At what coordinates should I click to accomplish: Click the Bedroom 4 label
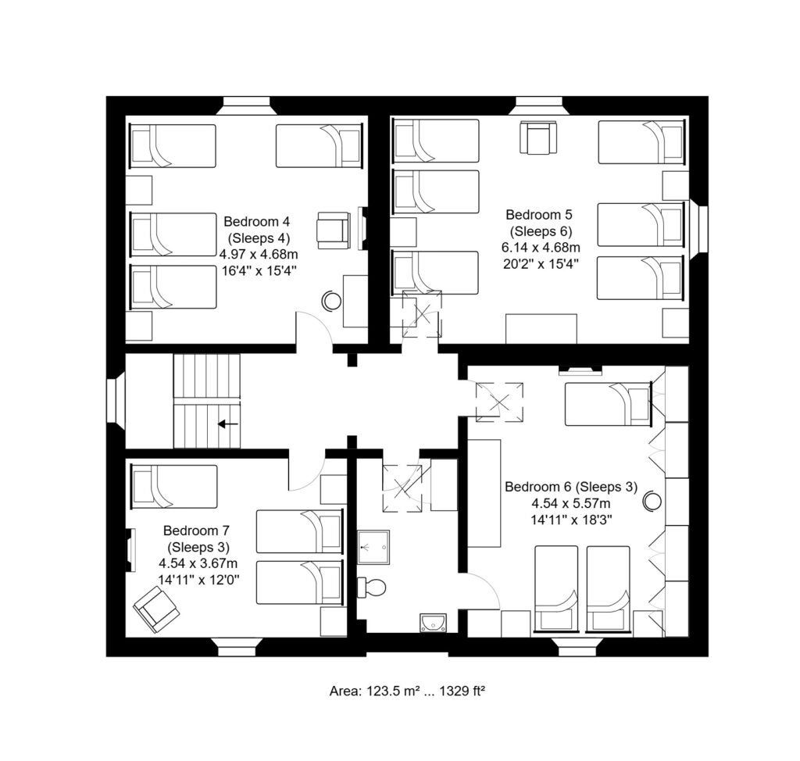tap(256, 222)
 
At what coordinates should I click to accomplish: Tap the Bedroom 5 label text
tap(539, 214)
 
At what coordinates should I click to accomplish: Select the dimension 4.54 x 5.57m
tap(571, 504)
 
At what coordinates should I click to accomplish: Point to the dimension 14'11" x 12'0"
tap(198, 581)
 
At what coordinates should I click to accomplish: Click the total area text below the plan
tap(406, 691)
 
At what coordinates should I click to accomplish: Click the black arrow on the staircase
tap(228, 423)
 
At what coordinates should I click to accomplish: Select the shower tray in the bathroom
tap(373, 547)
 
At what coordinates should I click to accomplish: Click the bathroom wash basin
tap(433, 623)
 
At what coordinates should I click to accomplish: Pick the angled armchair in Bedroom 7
tap(156, 610)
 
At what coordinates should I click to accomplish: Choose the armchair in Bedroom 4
tap(333, 230)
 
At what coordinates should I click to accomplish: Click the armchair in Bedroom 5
tap(538, 138)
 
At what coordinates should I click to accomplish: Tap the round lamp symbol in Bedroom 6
tap(652, 501)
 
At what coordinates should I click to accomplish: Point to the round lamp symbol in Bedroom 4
tap(331, 301)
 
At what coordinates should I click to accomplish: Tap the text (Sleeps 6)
tap(541, 231)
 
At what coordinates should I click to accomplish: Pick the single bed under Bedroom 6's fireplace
tap(609, 404)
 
